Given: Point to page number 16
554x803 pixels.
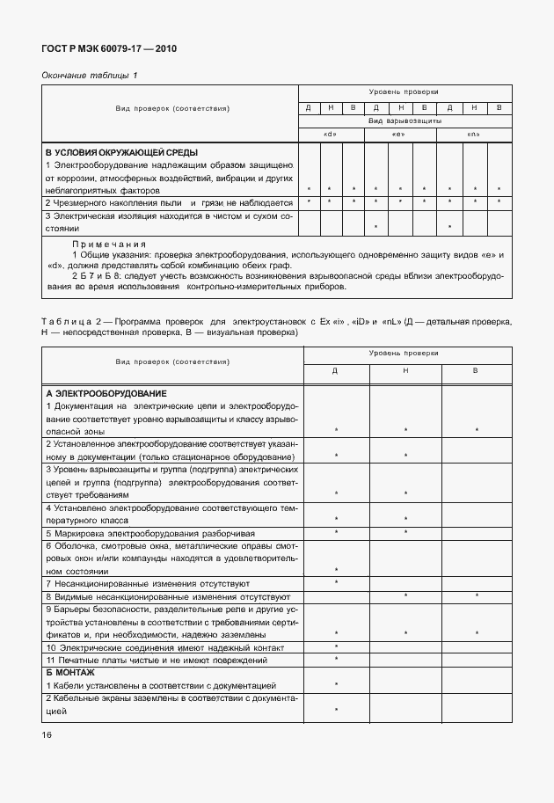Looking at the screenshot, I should click(x=47, y=734).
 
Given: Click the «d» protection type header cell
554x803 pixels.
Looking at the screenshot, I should click(x=332, y=134).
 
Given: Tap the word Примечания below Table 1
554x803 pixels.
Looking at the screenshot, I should click(x=108, y=244).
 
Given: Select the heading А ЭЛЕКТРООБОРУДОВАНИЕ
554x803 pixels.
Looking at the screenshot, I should click(x=106, y=393).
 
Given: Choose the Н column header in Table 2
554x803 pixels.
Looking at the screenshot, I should click(x=405, y=371).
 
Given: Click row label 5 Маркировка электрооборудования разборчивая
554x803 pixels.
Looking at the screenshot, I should click(x=150, y=533).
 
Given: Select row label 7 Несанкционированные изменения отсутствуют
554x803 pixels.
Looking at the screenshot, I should click(x=148, y=583).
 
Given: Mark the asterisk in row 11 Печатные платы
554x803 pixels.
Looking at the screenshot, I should click(x=336, y=660).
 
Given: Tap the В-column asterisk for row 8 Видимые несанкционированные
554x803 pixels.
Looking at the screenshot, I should click(x=476, y=596).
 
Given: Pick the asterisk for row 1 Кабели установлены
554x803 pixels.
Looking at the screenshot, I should click(x=336, y=684).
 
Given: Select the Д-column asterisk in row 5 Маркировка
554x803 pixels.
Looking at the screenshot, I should click(x=336, y=533).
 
